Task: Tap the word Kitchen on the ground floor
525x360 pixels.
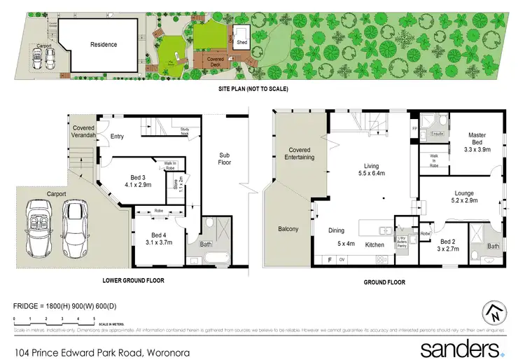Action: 374,245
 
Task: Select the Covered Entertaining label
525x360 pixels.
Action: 300,153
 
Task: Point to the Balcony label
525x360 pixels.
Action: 288,229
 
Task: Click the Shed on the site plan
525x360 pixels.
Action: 242,42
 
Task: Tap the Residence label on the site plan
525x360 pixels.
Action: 103,45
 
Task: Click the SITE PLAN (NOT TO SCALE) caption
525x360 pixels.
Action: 254,89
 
